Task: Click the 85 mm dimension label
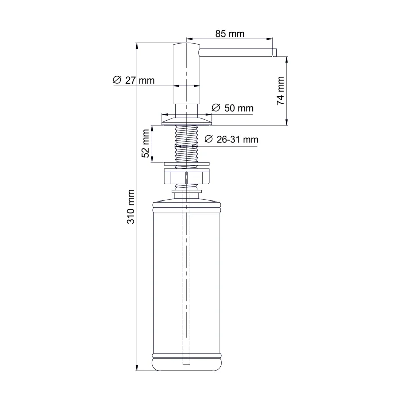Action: pos(230,34)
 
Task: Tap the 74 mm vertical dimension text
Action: pos(280,91)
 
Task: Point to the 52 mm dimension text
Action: pos(146,144)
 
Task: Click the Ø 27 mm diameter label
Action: pos(134,80)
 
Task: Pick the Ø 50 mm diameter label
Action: pos(232,108)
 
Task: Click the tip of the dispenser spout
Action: pos(274,52)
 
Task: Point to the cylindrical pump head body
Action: pos(186,75)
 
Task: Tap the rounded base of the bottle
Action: pos(186,363)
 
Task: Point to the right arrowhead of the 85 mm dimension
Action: pos(270,39)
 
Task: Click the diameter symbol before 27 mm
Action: pos(116,80)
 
